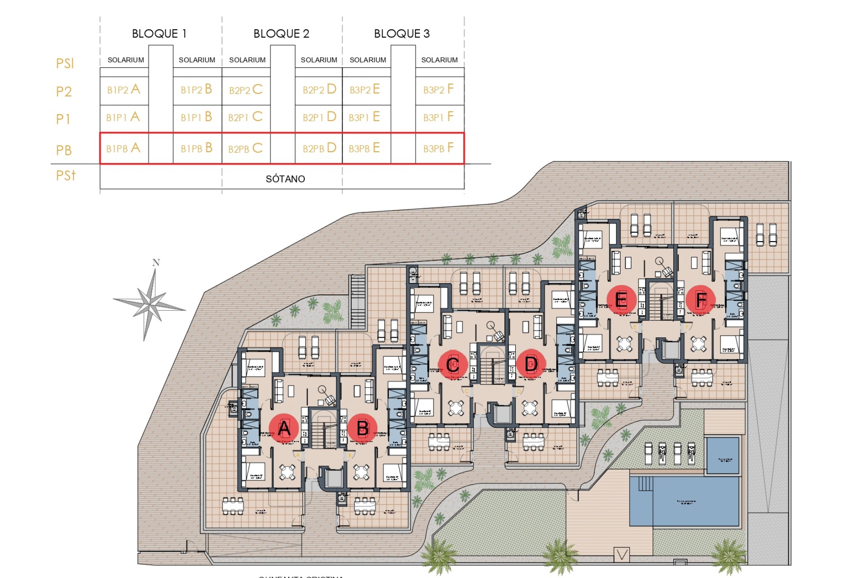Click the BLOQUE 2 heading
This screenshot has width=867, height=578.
pyautogui.click(x=281, y=34)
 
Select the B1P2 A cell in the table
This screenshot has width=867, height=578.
pyautogui.click(x=124, y=89)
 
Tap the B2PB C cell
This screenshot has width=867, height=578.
pyautogui.click(x=245, y=148)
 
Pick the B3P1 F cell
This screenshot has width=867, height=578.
pyautogui.click(x=438, y=117)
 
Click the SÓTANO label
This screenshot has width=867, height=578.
pyautogui.click(x=285, y=179)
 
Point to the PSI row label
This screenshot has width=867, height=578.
pyautogui.click(x=65, y=63)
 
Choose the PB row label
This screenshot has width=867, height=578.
pyautogui.click(x=64, y=150)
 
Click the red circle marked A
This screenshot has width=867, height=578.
pyautogui.click(x=284, y=428)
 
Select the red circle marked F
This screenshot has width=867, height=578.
pyautogui.click(x=701, y=299)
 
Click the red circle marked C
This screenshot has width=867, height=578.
pyautogui.click(x=453, y=364)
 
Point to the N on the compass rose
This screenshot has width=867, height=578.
pyautogui.click(x=156, y=262)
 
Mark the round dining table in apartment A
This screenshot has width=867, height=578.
pyautogui.click(x=287, y=472)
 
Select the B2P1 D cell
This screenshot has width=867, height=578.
pyautogui.click(x=319, y=117)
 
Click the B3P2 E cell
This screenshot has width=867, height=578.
pyautogui.click(x=365, y=89)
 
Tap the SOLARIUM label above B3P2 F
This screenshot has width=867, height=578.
pyautogui.click(x=439, y=60)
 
